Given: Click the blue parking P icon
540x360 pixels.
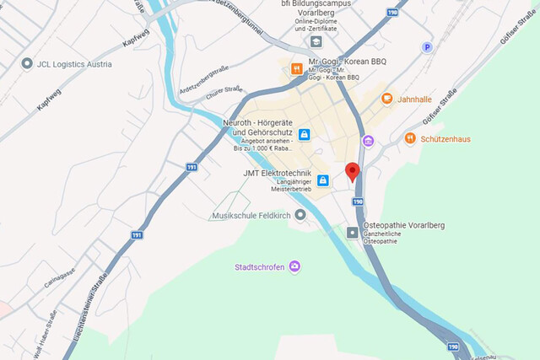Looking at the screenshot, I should coord(427,47).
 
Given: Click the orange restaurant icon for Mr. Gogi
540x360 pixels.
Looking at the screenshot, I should coord(296,68).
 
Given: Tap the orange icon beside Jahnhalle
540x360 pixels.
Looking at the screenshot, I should coord(387,99).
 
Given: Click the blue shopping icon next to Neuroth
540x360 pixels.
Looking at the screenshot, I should coord(304,134).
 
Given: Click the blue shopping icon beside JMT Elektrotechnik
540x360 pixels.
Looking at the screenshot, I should coord(322,180).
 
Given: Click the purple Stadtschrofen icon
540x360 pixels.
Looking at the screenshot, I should coord(294,267).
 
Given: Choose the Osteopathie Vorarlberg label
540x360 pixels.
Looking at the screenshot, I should coord(403,225).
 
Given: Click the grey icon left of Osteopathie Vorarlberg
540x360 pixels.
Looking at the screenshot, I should coord(352,232).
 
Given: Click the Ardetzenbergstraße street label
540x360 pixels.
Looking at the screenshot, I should coord(205,80).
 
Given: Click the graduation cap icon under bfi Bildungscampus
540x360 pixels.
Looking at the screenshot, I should coord(316,40).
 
